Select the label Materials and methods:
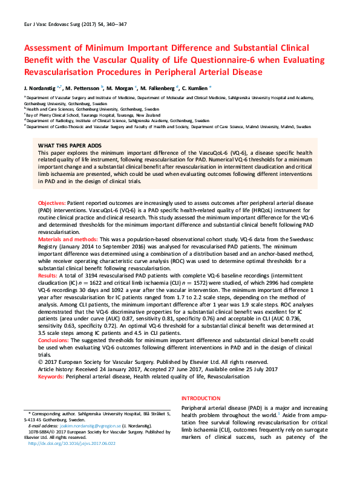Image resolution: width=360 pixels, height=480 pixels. pyautogui.click(x=68, y=239)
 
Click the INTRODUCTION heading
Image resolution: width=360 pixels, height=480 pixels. pyautogui.click(x=201, y=398)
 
